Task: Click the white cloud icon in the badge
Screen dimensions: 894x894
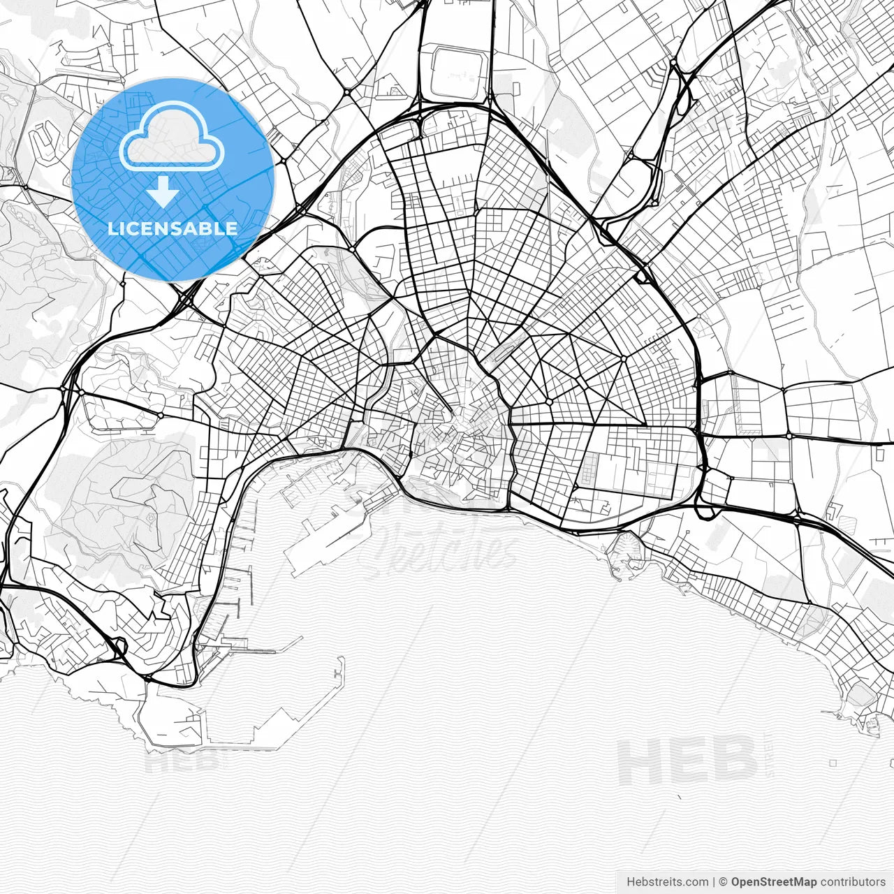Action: pyautogui.click(x=172, y=138)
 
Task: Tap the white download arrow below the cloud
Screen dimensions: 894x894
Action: pyautogui.click(x=163, y=191)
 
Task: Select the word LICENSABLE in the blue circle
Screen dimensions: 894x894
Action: pyautogui.click(x=173, y=228)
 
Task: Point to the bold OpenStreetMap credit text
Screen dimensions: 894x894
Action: pyautogui.click(x=774, y=881)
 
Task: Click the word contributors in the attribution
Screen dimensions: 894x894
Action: pyautogui.click(x=852, y=881)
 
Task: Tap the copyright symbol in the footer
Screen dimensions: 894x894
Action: pyautogui.click(x=724, y=881)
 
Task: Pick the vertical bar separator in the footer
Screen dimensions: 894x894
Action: pyautogui.click(x=714, y=881)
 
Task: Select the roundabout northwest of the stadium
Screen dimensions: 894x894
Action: pyautogui.click(x=347, y=91)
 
